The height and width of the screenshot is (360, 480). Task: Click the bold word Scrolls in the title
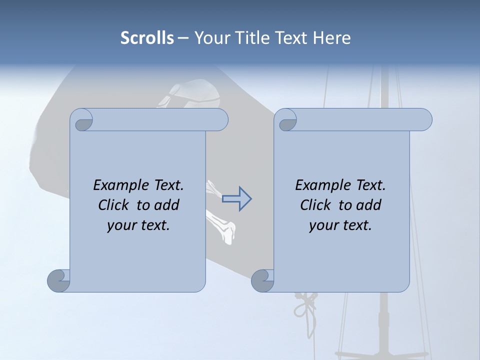(147, 38)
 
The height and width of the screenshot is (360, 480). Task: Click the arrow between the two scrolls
(236, 199)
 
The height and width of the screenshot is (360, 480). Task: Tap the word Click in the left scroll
(115, 205)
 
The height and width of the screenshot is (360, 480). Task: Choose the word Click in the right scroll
(317, 205)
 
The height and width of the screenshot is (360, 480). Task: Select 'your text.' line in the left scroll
(138, 225)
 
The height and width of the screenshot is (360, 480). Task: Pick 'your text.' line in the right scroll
(340, 225)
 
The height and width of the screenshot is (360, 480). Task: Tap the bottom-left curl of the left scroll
(58, 280)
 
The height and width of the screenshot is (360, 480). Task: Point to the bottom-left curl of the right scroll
(262, 280)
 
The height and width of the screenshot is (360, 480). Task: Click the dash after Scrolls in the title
(183, 38)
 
